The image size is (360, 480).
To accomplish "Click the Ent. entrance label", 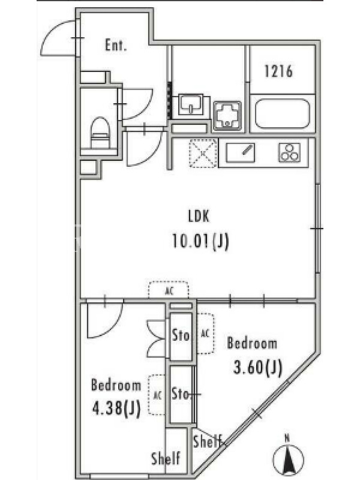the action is point(116,46).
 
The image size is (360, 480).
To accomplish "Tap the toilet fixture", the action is point(100,133).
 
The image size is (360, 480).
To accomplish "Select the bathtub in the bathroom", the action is point(283,113).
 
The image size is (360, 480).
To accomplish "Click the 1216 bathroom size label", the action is point(278,71).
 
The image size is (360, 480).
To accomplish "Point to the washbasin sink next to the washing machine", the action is point(191,104).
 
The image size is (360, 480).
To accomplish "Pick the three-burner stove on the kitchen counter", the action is point(289,152).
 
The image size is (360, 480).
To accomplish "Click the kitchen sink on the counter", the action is point(241,153).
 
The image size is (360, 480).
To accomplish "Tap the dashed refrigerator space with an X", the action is point(203,154).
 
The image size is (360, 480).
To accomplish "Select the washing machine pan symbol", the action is point(227,116).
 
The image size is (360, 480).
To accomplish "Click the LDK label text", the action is point(199,217).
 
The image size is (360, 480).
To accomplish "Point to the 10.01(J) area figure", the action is point(200,242).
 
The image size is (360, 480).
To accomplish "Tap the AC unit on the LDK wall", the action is point(169,290).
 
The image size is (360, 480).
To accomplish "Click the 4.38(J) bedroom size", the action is point(116,409).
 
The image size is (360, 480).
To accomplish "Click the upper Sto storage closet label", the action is point(181,335).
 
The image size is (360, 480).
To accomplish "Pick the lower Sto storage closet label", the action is point(181,394).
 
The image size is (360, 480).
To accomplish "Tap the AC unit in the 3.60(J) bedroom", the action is point(205,334).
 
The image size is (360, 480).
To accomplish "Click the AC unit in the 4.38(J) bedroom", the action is point(157,395).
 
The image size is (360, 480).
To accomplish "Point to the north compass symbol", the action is point(288,457).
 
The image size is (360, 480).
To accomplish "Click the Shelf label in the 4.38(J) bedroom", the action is point(166,458).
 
